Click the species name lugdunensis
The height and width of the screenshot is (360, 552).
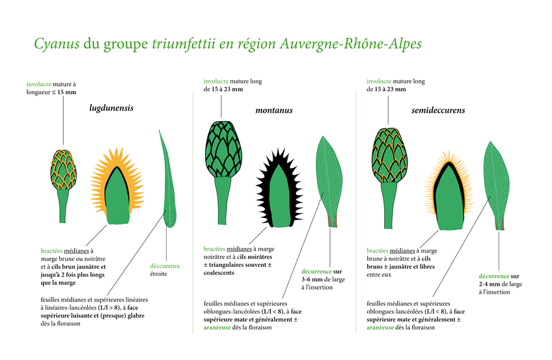[x=111, y=108]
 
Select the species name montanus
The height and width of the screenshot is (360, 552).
[x=274, y=111]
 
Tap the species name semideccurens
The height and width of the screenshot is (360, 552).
[x=438, y=111]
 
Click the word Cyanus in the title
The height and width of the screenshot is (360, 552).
[x=57, y=44]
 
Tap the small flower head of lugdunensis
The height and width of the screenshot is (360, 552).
[x=63, y=185]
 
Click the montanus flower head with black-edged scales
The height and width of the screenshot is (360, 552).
[x=223, y=173]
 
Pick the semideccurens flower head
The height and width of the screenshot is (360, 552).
[x=389, y=178]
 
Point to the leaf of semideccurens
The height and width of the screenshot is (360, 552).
[x=497, y=186]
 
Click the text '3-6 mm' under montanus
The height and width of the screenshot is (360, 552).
[x=311, y=279]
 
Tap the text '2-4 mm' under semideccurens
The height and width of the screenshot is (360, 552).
[x=489, y=284]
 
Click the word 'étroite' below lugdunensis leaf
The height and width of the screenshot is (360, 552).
[x=158, y=274]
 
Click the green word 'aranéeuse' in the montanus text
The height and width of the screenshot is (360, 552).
[x=217, y=327]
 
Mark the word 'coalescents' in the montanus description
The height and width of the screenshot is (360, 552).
[x=219, y=273]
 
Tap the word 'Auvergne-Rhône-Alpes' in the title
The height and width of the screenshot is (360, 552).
[x=351, y=44]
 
